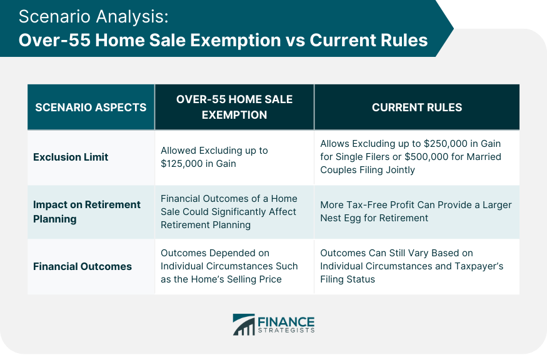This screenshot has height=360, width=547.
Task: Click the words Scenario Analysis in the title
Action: (94, 17)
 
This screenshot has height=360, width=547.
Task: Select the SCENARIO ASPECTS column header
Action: (91, 107)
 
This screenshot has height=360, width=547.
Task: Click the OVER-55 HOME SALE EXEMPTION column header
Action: (234, 107)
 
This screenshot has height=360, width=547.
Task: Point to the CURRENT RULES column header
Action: (417, 107)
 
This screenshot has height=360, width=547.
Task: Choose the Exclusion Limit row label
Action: (71, 157)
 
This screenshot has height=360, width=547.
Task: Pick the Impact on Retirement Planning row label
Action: (86, 212)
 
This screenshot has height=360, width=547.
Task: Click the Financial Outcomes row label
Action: (83, 266)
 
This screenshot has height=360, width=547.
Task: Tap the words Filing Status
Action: (348, 279)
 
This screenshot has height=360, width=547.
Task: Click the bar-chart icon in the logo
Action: (244, 324)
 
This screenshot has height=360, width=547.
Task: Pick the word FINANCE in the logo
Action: (286, 322)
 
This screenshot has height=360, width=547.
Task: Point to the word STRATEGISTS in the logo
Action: (286, 331)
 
